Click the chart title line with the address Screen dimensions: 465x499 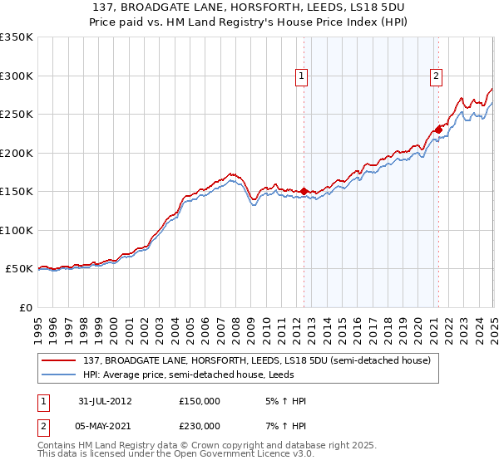pyautogui.click(x=249, y=7)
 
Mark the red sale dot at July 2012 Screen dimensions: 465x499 pyautogui.click(x=304, y=191)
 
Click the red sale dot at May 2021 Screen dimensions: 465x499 pyautogui.click(x=437, y=130)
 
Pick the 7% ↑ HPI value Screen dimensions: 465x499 pyautogui.click(x=284, y=425)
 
